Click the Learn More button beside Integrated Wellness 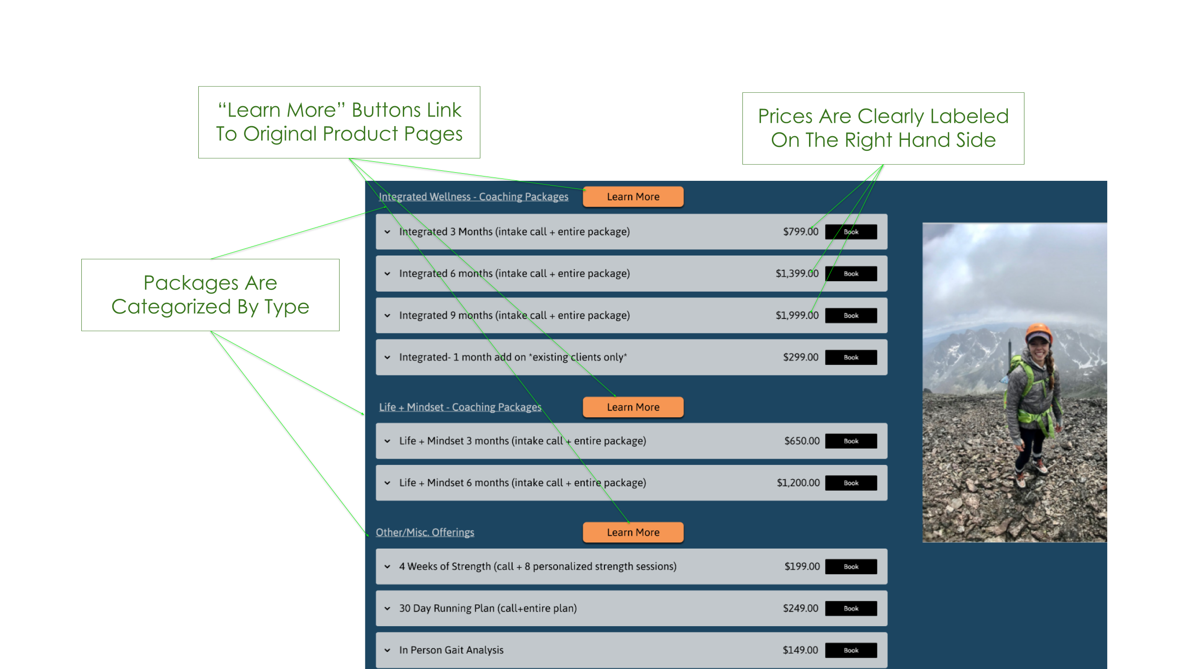[x=633, y=197]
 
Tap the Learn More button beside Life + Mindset [x=633, y=407]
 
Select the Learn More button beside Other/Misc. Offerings [x=633, y=532]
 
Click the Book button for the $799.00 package [x=851, y=232]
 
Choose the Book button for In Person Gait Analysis [x=851, y=650]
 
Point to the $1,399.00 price [x=797, y=274]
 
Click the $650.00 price [x=802, y=441]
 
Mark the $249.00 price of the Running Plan [x=800, y=609]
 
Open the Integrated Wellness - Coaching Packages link [x=473, y=197]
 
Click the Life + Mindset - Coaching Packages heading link [x=460, y=407]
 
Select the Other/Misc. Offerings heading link [x=425, y=532]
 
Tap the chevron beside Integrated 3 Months [x=388, y=232]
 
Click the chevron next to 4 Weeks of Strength [x=388, y=567]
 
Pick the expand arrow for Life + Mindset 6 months [x=388, y=483]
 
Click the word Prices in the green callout [x=785, y=117]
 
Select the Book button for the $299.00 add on [x=851, y=357]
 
